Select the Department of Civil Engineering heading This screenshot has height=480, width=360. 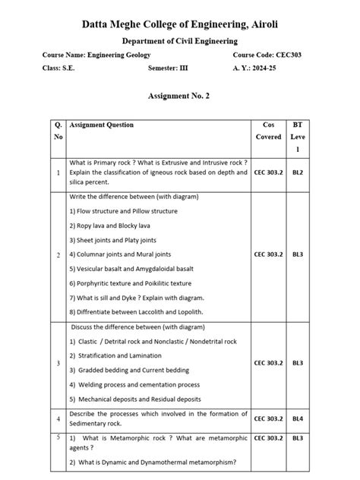click(179, 41)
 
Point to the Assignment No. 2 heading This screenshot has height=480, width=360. click(179, 97)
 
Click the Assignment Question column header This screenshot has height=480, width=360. click(101, 125)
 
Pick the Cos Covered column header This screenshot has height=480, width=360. click(268, 131)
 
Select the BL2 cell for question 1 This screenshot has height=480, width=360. click(298, 172)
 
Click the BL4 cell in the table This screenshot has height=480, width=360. click(298, 418)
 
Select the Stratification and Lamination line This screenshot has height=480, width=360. click(115, 355)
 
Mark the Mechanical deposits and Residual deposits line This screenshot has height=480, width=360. click(135, 398)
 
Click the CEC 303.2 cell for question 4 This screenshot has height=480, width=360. click(268, 418)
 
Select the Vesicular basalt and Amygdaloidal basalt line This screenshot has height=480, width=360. click(131, 268)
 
